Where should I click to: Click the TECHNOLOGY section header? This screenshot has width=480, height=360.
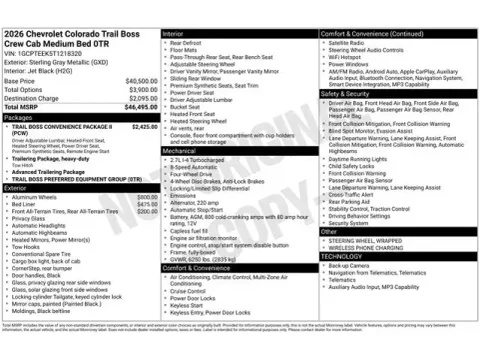click(342, 256)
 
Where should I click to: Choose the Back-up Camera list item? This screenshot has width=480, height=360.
click(350, 264)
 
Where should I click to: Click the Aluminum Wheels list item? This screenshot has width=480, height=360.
click(36, 197)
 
